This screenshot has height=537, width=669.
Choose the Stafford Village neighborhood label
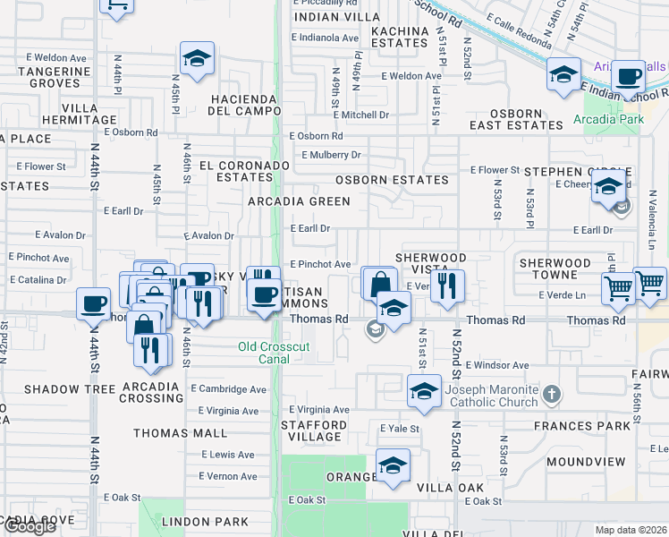(312, 430)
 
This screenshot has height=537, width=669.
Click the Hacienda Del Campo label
(245, 105)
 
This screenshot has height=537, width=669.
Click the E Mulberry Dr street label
(331, 155)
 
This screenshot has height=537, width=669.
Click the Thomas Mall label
(181, 433)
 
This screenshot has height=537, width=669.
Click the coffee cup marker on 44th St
(93, 303)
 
